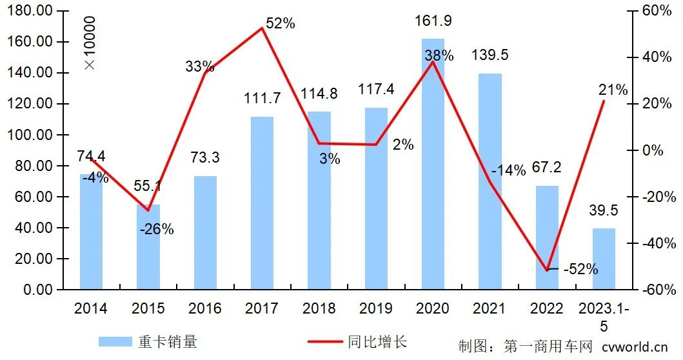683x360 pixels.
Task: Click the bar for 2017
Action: pos(262,203)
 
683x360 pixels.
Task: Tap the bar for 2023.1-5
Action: pos(604,258)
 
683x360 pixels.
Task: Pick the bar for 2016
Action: pos(206,232)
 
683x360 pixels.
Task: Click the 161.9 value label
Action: pos(433,21)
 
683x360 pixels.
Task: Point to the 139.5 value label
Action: pos(490,55)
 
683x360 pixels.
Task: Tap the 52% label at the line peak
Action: pos(280,23)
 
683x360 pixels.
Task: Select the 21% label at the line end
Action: pos(612,90)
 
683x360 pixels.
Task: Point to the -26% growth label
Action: pos(157,229)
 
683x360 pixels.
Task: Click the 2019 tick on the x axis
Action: pos(376,308)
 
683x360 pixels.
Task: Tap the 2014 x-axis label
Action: pos(91,308)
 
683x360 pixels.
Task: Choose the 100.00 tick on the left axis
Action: pos(34,135)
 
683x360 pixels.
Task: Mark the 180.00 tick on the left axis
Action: pos(34,11)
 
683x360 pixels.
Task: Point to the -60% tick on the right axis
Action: pos(654,290)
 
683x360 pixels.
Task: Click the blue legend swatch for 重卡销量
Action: pos(114,342)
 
